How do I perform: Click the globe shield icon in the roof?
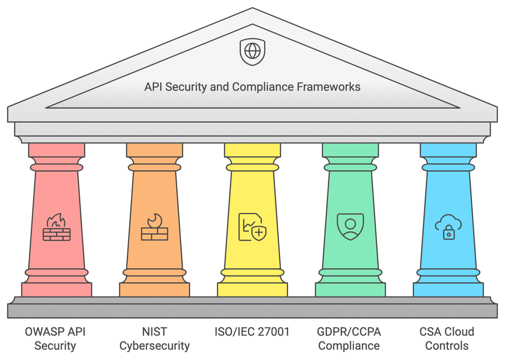(x=252, y=52)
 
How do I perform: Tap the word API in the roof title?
(x=153, y=87)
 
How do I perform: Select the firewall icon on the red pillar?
(x=57, y=227)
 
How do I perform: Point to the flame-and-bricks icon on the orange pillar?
(x=155, y=227)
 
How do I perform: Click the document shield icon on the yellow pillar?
(x=252, y=227)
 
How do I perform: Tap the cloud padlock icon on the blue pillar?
(x=448, y=227)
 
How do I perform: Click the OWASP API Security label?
(x=55, y=338)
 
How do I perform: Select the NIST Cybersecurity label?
(x=155, y=338)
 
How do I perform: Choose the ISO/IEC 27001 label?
(x=252, y=332)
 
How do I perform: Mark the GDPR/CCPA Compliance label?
(x=349, y=338)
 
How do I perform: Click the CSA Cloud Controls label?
(x=447, y=338)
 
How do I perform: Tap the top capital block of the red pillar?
(x=57, y=150)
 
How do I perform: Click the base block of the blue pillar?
(x=448, y=289)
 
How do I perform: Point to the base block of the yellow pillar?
(x=252, y=289)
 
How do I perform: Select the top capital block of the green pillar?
(x=350, y=150)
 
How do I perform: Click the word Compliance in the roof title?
(x=262, y=87)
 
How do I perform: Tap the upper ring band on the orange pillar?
(x=155, y=168)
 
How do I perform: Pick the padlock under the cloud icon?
(x=449, y=234)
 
